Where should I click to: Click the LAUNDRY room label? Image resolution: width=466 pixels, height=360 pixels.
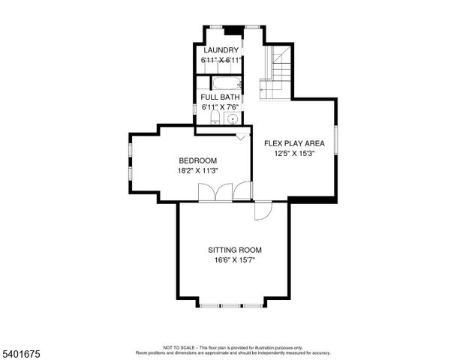[220, 50]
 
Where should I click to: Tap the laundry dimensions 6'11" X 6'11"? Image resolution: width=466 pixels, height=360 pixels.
[220, 59]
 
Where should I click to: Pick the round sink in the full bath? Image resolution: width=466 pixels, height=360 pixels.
[233, 119]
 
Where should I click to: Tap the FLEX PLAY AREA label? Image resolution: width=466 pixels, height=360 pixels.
[293, 142]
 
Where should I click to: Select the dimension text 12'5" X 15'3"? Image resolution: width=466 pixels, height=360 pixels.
[293, 153]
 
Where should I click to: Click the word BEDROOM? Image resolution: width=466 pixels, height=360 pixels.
[197, 160]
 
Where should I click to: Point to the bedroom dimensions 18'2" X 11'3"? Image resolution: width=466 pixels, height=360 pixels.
[197, 170]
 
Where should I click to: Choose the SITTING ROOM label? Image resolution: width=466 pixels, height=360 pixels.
[235, 250]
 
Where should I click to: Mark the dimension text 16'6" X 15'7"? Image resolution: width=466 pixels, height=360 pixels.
[235, 260]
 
